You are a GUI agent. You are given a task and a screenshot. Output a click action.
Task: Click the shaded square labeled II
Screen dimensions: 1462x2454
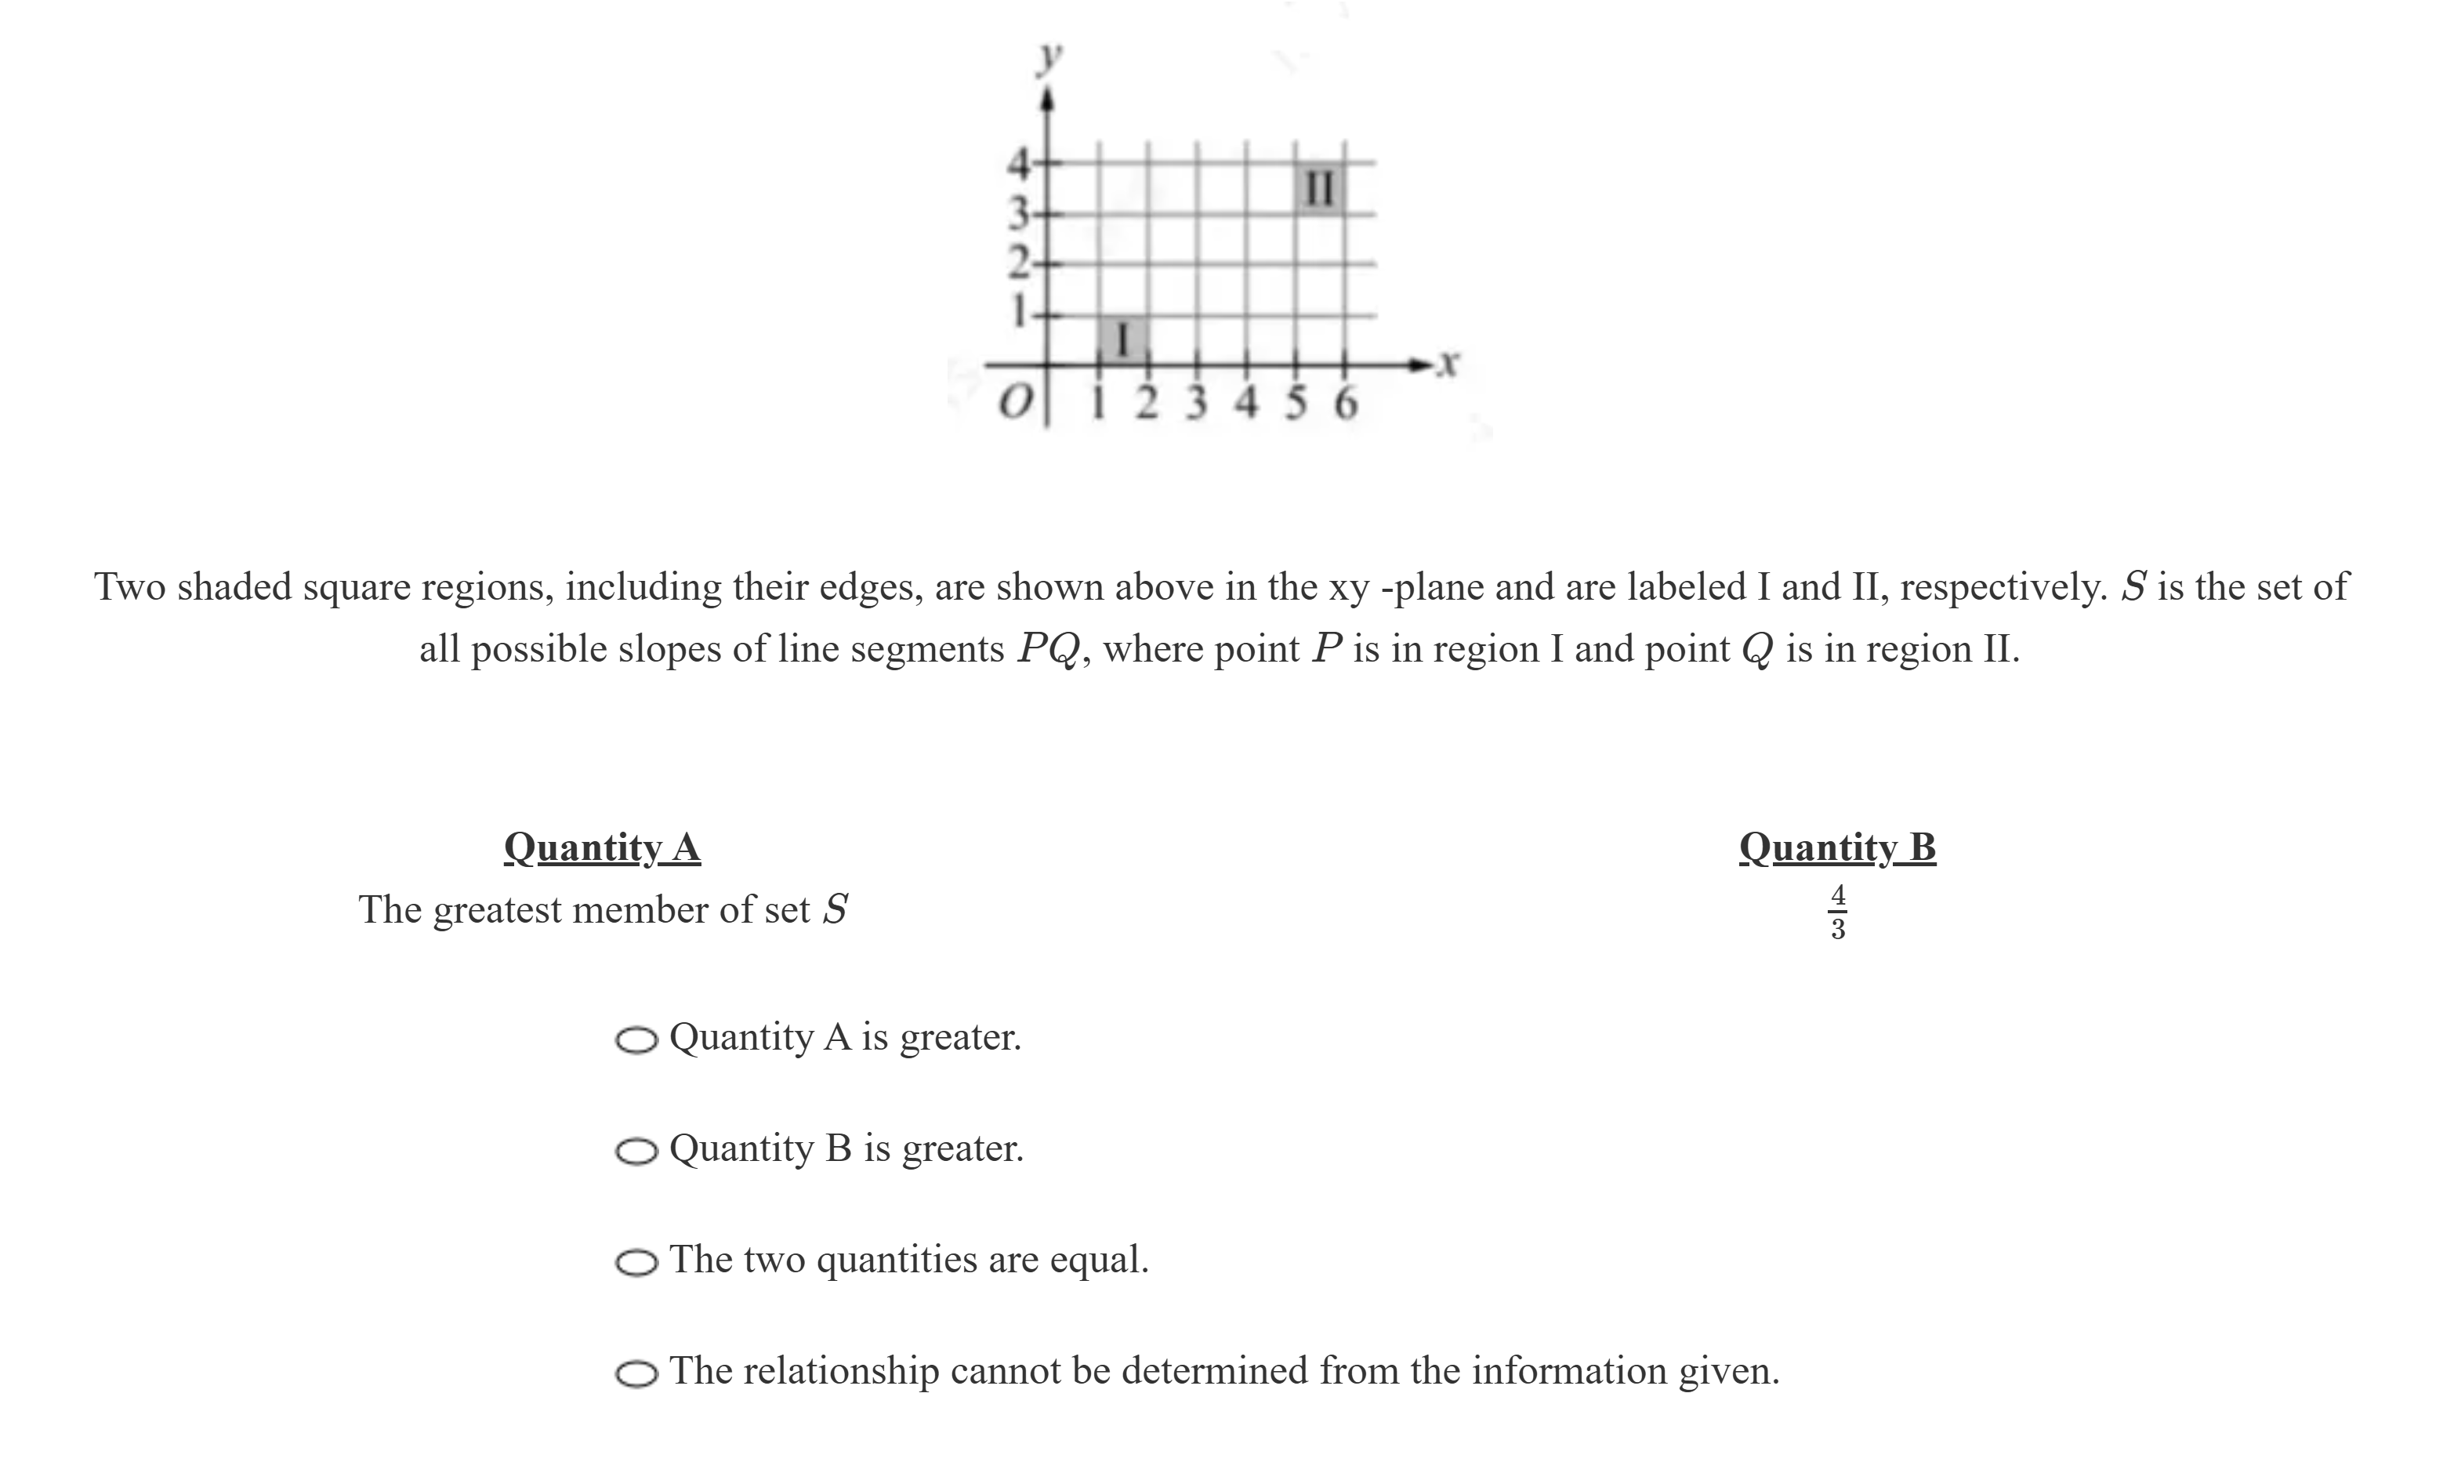1320,188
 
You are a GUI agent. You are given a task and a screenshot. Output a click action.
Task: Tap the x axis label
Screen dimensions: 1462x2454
1445,364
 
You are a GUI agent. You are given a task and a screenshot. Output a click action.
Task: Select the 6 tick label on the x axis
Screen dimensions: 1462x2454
1345,404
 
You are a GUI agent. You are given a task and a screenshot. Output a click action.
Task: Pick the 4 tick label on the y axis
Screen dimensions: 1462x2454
1018,162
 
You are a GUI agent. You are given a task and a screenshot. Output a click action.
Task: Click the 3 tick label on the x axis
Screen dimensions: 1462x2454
1197,404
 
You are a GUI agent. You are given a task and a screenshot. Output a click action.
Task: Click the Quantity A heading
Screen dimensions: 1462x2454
602,847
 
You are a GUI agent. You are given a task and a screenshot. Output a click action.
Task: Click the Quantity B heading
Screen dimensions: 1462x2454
1836,847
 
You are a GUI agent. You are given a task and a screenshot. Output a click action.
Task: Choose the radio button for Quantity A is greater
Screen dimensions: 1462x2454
636,1040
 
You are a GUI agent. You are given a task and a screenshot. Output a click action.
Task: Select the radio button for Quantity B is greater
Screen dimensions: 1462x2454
636,1152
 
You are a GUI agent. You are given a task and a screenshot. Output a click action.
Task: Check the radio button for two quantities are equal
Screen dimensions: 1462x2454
636,1263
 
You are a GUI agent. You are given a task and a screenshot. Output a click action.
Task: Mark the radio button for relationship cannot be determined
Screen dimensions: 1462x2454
636,1374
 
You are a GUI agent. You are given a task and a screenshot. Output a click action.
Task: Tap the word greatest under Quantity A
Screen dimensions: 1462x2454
497,910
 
